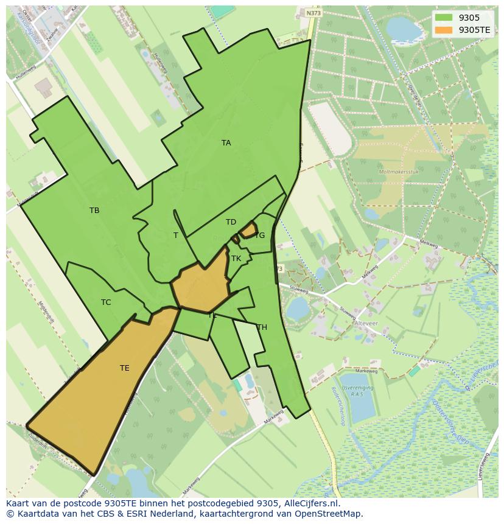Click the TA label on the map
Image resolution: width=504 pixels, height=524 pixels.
point(226,143)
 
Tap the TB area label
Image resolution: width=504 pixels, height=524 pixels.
point(94,211)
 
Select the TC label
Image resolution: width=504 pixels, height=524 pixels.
point(106,302)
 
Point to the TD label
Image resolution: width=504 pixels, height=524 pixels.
point(231,222)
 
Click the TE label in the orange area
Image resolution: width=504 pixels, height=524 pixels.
point(124,368)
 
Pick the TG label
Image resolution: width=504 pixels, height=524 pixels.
point(260,236)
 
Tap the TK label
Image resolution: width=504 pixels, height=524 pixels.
point(236,259)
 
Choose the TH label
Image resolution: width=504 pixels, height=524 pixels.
point(262,327)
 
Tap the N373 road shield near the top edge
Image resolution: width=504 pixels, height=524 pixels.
point(313,13)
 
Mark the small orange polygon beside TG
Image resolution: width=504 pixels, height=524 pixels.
point(248,230)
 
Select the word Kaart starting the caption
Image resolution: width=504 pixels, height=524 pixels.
point(18,503)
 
